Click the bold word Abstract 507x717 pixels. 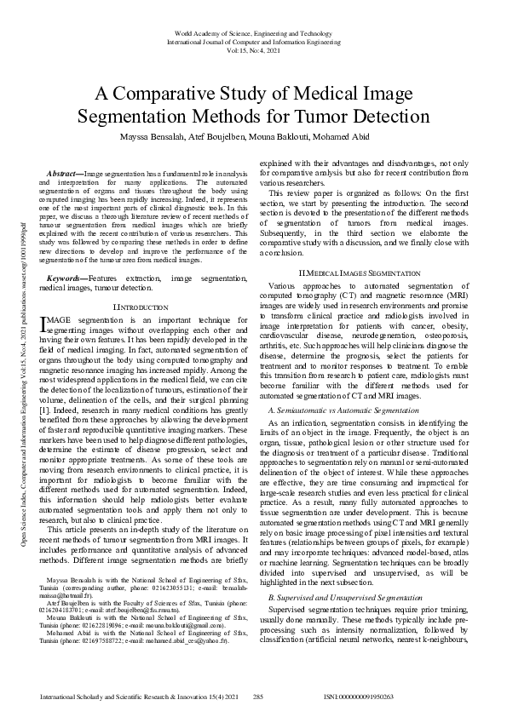click(63, 174)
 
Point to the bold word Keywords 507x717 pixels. click(65, 255)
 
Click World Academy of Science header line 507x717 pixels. click(253, 32)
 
